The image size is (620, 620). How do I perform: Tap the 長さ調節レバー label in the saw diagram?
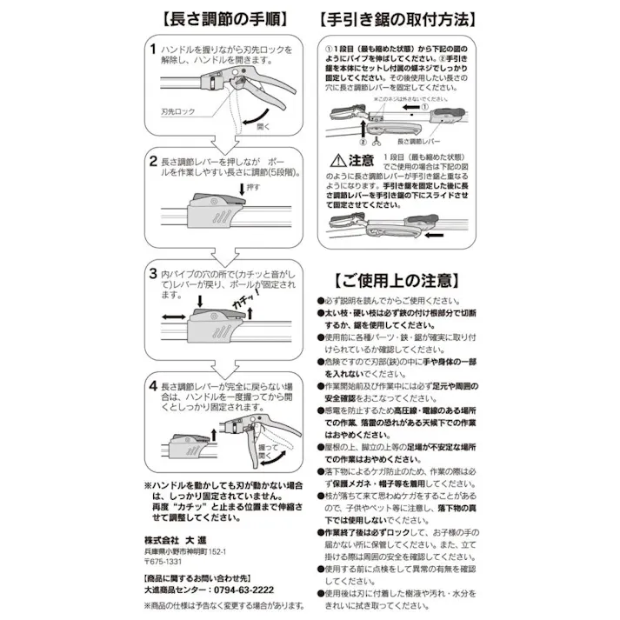coord(418,140)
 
